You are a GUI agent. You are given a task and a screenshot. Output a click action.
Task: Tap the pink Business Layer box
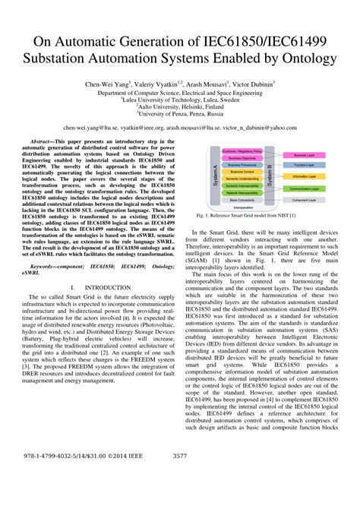pyautogui.click(x=309, y=154)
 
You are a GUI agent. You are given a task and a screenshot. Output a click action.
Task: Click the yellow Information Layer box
pyautogui.click(x=309, y=175)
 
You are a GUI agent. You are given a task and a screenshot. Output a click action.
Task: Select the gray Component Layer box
pyautogui.click(x=309, y=198)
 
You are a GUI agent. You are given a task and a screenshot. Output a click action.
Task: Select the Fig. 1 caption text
pyautogui.click(x=257, y=216)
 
